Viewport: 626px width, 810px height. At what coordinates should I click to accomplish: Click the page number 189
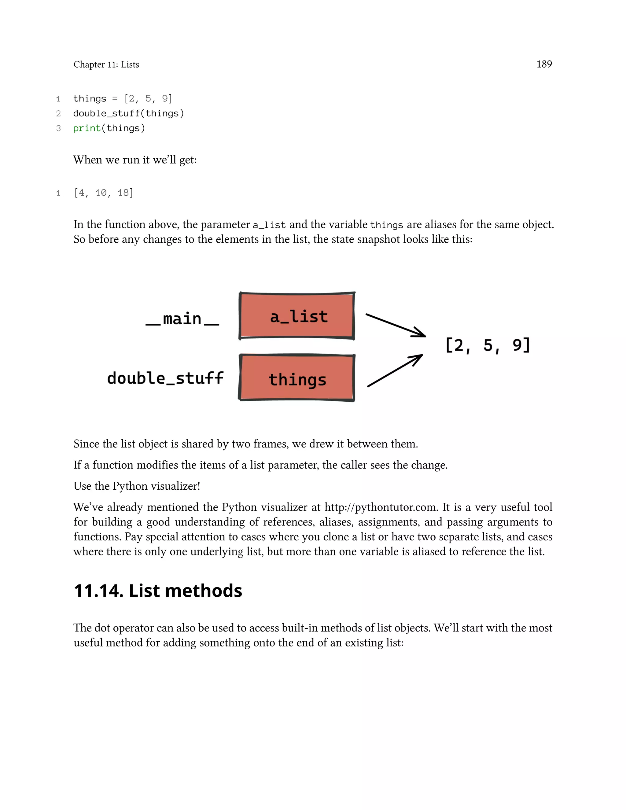(x=544, y=64)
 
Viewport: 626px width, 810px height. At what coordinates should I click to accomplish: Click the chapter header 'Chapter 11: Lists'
(x=106, y=64)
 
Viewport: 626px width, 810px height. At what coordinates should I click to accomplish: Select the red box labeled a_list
(x=297, y=316)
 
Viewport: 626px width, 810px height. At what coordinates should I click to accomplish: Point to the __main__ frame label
(x=182, y=319)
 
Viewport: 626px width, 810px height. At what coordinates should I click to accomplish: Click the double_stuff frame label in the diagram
(x=165, y=378)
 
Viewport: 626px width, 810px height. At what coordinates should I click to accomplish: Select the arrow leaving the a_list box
(x=395, y=325)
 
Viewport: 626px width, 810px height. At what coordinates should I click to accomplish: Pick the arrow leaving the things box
(x=395, y=371)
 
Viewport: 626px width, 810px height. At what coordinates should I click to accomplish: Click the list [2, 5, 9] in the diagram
(x=487, y=345)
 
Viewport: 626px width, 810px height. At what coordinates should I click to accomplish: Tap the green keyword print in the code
(x=87, y=128)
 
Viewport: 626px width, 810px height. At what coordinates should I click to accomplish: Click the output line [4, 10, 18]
(x=104, y=193)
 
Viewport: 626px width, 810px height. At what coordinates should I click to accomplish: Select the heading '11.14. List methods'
(x=158, y=591)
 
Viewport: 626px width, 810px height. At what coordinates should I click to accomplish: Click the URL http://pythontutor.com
(x=380, y=507)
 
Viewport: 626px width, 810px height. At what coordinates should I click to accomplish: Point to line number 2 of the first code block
(x=58, y=113)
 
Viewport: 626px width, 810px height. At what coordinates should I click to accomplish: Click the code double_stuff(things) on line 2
(x=128, y=113)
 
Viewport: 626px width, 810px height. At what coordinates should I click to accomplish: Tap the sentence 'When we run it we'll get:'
(x=135, y=160)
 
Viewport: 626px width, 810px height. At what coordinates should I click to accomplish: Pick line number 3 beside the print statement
(x=58, y=128)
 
